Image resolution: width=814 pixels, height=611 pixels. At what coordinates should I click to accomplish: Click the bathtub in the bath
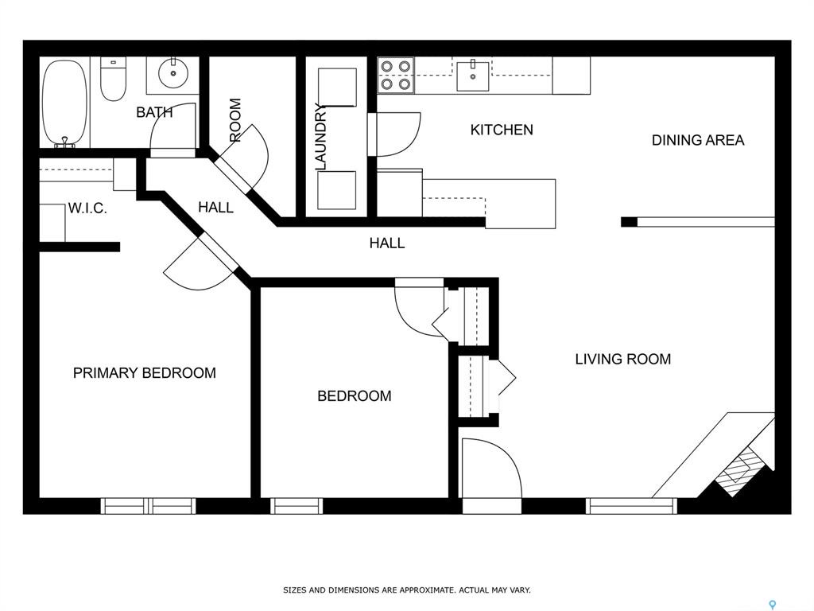pos(65,103)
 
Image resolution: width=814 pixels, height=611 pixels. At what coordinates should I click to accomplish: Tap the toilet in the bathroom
pos(113,79)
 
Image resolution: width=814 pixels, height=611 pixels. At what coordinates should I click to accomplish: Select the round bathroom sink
pos(172,74)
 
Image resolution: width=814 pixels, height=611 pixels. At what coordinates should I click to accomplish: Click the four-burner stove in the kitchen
pos(396,75)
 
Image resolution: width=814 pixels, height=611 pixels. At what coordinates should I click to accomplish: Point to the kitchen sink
pos(473,76)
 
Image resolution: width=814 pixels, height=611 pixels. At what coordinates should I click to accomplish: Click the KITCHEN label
pos(502,130)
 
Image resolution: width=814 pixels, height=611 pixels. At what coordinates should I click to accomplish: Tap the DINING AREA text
pos(698,140)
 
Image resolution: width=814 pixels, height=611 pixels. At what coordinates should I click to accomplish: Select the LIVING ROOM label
pos(623,359)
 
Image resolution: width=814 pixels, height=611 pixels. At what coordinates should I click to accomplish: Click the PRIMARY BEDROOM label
pos(145,373)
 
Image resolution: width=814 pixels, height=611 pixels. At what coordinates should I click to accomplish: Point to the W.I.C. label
pos(87,209)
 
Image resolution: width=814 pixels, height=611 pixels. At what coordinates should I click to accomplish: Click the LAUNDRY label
pos(321,137)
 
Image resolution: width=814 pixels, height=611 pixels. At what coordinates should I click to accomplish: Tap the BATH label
pos(154,112)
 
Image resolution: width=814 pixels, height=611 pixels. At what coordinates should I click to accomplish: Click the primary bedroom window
pos(149,506)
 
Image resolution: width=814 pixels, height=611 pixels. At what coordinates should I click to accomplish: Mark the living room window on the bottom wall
pos(631,506)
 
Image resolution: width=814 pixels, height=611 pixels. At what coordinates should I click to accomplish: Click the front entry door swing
pos(491,469)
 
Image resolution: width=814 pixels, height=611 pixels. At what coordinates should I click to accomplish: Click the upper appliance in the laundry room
pos(337,88)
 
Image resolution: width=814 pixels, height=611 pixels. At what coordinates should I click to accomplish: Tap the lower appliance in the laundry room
pos(337,190)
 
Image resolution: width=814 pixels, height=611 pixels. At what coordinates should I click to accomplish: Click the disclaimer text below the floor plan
pos(406,590)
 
